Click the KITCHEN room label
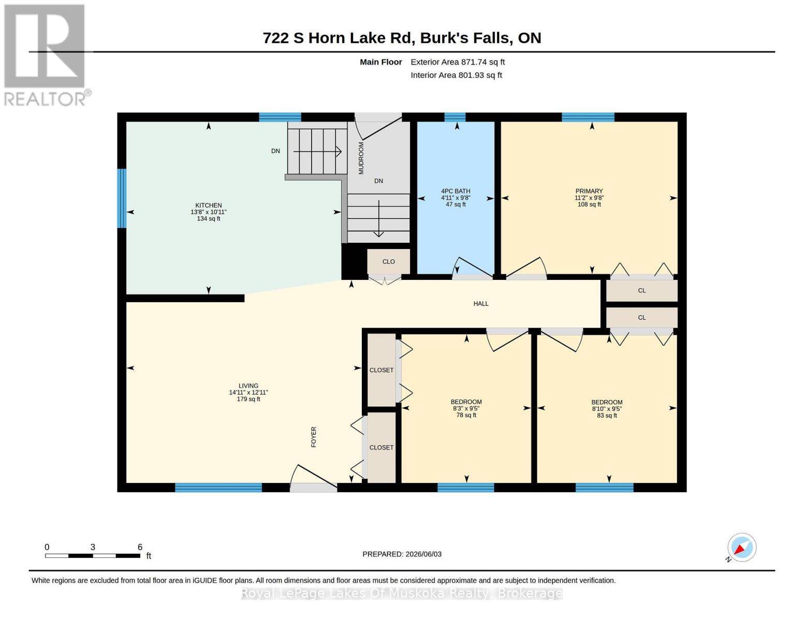click(208, 205)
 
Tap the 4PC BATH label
click(456, 191)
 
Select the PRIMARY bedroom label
click(589, 191)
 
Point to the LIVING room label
click(248, 386)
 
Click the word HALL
click(481, 304)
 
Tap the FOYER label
click(314, 437)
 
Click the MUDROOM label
click(361, 158)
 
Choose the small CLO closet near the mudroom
click(388, 261)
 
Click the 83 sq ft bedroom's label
click(607, 402)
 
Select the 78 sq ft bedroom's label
click(466, 402)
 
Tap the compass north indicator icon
click(741, 548)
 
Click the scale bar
click(93, 556)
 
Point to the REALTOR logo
click(46, 55)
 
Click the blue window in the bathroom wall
click(455, 117)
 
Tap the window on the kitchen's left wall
click(122, 198)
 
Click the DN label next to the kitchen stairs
click(275, 151)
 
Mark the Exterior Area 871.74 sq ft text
click(458, 62)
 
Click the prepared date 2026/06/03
click(423, 554)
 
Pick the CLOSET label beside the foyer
click(382, 448)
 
